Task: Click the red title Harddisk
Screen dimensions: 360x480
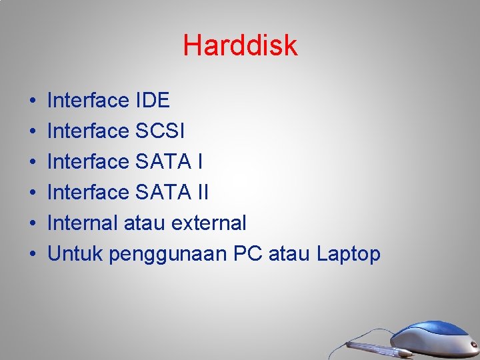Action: [240, 46]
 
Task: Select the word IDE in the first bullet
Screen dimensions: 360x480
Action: [152, 101]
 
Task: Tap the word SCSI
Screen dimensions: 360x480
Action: [159, 131]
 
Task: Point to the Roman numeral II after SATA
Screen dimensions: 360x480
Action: [202, 193]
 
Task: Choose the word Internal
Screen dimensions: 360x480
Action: [83, 223]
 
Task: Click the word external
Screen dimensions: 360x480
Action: [209, 223]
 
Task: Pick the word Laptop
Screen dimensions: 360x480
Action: [349, 255]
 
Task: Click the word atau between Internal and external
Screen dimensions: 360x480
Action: [145, 223]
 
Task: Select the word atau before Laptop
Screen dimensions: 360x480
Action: [290, 253]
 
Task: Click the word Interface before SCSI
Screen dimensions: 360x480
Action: [89, 131]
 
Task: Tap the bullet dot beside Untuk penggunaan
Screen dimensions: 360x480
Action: [32, 255]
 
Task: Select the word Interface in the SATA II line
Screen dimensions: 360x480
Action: [89, 193]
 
